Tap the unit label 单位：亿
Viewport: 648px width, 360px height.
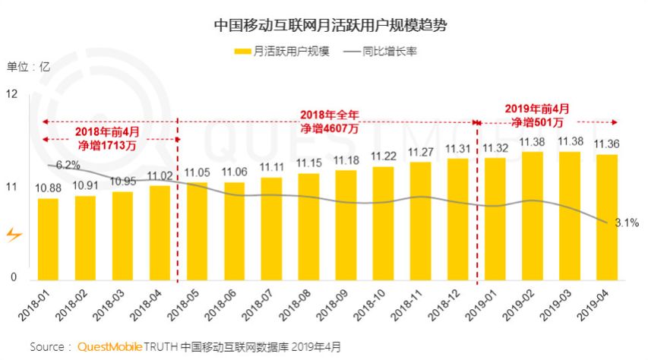pos(28,66)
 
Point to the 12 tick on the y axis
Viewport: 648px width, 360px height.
pos(11,94)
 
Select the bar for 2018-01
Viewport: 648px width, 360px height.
pos(48,238)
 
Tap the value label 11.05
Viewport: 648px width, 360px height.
pos(197,172)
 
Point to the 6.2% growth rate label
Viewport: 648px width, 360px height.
pos(68,165)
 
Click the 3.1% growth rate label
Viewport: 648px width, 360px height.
pos(626,223)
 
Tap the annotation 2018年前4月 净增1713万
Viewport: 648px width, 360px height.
pos(106,137)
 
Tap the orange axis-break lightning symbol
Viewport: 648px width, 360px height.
pos(13,235)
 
